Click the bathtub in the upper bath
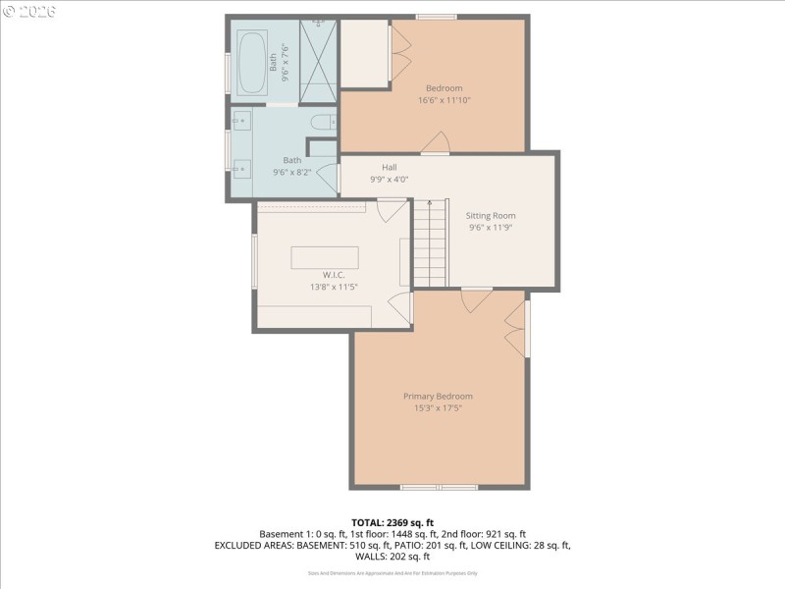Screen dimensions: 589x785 (251, 63)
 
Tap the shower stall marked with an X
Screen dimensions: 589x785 (318, 61)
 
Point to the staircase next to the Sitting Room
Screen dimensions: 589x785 (428, 242)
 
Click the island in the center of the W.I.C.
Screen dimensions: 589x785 (324, 257)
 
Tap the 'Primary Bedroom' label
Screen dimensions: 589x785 (438, 397)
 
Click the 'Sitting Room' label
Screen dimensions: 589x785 (491, 216)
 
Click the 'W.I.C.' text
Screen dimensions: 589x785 (334, 275)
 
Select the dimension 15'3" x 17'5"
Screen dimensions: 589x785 (438, 407)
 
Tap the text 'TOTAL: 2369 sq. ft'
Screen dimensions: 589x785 (392, 521)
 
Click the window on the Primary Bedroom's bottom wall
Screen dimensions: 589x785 (439, 487)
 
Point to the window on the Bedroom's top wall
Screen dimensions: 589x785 (436, 17)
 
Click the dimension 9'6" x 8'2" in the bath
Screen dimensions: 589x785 (292, 172)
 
